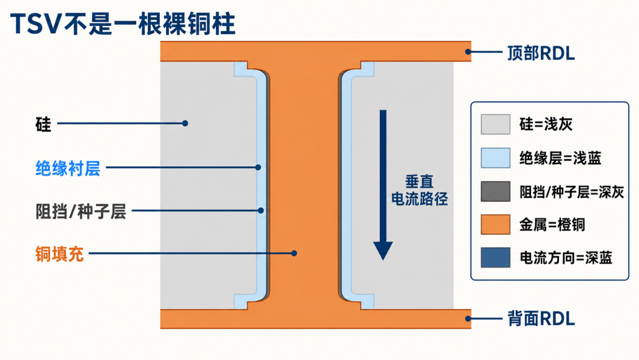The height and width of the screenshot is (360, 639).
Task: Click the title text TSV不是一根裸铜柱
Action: point(122,24)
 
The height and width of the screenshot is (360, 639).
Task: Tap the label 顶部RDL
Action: point(541,53)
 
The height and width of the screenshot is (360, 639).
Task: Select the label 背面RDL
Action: point(541,319)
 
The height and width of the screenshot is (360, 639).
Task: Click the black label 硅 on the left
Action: point(43,124)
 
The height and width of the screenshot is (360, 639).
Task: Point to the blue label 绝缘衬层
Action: point(67,168)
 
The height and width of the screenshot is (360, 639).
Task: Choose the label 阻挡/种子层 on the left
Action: point(80,211)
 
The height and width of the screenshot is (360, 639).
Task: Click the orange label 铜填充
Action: point(60,254)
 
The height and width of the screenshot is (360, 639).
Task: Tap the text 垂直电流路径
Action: point(419,190)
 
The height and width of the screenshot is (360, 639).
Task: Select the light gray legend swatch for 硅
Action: point(496,124)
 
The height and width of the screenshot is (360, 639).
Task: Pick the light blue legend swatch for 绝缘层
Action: point(496,157)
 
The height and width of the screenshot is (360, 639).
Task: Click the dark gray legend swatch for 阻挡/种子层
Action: point(496,192)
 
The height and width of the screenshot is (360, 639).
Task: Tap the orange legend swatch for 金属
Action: point(496,224)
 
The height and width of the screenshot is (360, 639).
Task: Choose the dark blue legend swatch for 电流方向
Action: point(496,258)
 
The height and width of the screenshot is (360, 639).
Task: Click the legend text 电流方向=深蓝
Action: point(566,258)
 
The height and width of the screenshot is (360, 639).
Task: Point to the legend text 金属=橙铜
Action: point(552,224)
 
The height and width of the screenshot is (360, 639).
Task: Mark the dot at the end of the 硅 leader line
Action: point(185,123)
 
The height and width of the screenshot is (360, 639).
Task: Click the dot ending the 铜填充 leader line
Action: point(294,253)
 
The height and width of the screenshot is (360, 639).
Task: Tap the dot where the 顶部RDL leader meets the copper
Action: point(468,52)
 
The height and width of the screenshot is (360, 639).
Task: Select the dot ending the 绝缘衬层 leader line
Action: point(258,167)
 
